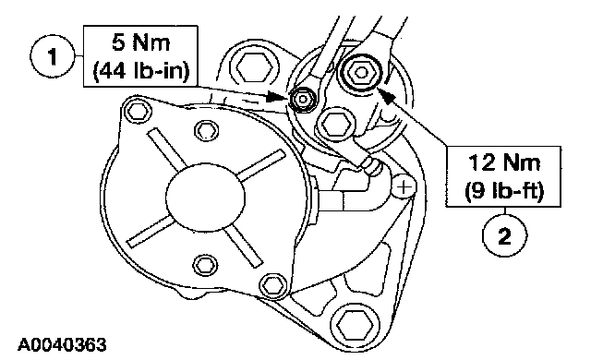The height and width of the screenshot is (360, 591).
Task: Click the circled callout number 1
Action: [x=53, y=56]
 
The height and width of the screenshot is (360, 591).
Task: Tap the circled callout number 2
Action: [x=505, y=235]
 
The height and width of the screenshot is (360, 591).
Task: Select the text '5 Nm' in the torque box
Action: [x=140, y=42]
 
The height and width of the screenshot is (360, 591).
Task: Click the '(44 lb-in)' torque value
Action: [x=140, y=71]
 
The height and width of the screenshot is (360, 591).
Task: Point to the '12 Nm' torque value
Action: [x=504, y=162]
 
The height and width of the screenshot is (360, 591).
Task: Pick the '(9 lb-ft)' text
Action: [x=504, y=191]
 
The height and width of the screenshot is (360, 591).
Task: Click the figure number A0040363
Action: [x=62, y=344]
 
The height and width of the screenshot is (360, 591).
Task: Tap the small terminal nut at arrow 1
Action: [x=303, y=100]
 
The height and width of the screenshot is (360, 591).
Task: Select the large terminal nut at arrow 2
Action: [x=361, y=72]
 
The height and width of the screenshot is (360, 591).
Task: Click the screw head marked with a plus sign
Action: [x=404, y=186]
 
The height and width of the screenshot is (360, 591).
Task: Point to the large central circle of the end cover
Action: [x=205, y=196]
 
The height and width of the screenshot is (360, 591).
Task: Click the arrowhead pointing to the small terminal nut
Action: [x=277, y=97]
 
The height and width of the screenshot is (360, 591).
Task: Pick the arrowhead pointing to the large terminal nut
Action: [x=387, y=94]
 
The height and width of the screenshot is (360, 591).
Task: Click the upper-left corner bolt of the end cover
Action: [x=138, y=111]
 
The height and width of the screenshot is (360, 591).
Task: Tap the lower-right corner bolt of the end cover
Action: [x=273, y=284]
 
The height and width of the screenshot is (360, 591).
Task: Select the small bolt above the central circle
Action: [x=206, y=130]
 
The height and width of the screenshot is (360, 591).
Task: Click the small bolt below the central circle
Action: [x=205, y=265]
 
